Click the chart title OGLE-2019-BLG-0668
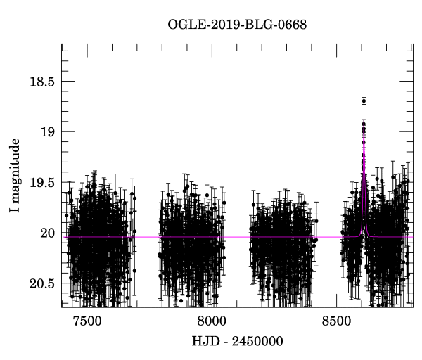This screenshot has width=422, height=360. coord(237,25)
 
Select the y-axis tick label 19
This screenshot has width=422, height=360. coord(46,132)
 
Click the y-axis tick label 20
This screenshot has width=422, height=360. coord(46,233)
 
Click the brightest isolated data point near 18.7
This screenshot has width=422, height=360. coord(364,101)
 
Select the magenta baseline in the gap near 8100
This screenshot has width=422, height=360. coord(237,237)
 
